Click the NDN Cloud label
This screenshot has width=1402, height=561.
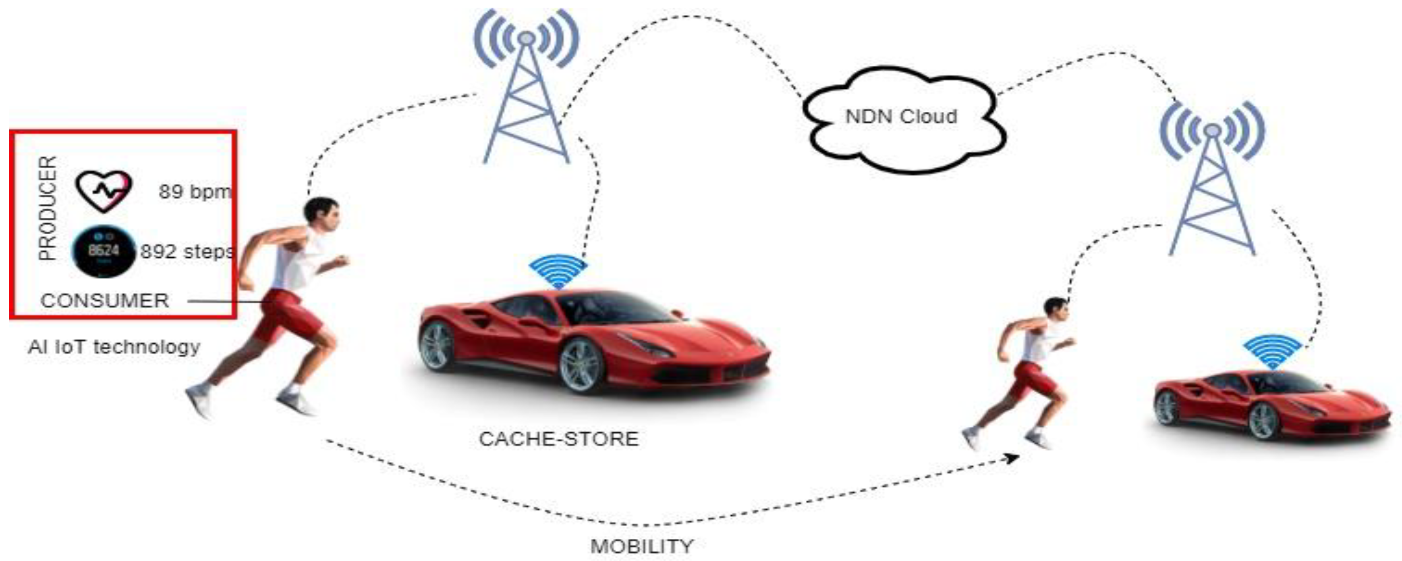click(901, 117)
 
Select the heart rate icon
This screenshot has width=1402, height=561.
click(104, 191)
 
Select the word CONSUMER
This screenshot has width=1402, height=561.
click(104, 300)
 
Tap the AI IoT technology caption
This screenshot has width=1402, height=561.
click(114, 347)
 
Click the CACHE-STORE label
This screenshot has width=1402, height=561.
click(558, 439)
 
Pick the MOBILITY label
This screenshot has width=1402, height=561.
click(642, 546)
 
